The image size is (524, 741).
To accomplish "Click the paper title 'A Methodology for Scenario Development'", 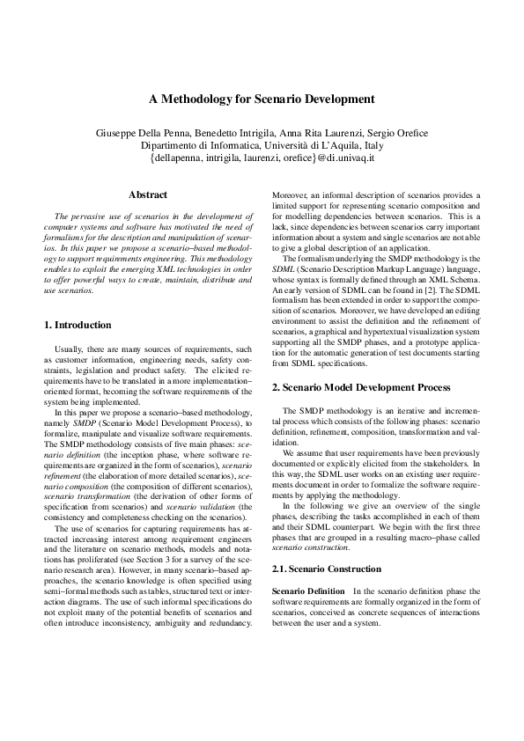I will click(x=262, y=99).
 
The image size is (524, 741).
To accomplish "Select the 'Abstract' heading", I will click(x=148, y=194).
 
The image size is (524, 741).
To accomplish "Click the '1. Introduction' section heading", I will click(x=77, y=325).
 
